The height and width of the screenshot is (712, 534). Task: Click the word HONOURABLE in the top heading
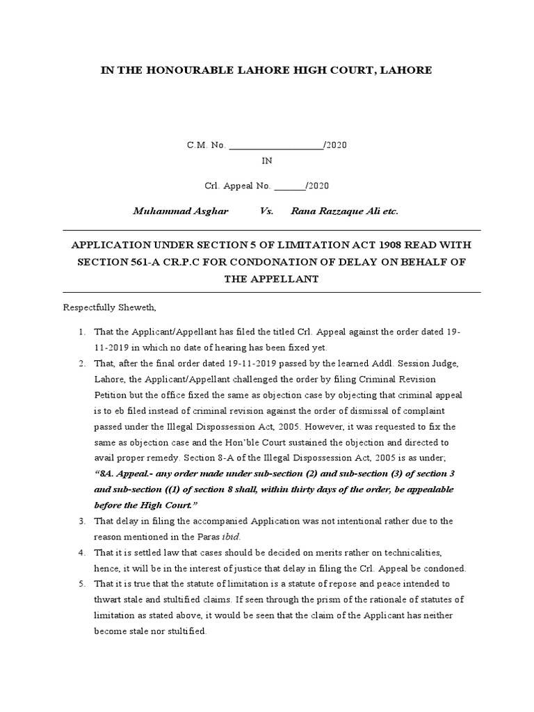pos(186,70)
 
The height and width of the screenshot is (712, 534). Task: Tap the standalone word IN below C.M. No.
pos(267,161)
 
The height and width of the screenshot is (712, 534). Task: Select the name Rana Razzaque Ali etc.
pos(345,211)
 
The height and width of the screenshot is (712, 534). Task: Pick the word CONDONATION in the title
pos(283,261)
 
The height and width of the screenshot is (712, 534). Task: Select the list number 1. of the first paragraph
pos(81,332)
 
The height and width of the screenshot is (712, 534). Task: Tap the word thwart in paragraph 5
pos(108,600)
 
